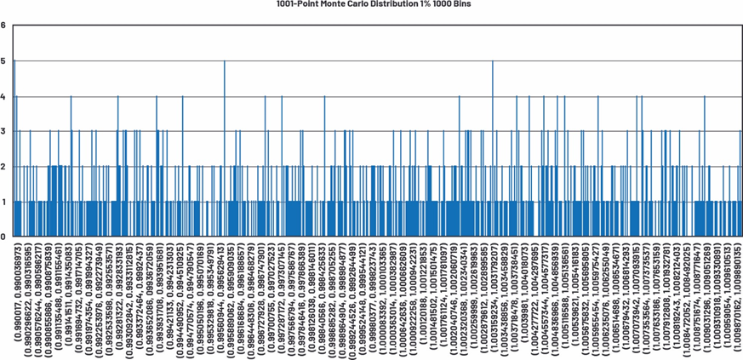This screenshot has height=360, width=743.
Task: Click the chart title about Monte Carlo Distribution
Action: pos(374,4)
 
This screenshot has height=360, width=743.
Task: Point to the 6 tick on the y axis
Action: pos(3,26)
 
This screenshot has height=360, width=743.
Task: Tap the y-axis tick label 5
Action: pos(3,60)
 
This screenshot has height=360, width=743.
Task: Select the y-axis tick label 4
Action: pos(3,96)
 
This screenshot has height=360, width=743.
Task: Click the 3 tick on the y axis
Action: pos(3,131)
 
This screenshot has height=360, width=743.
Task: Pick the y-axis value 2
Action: pos(3,166)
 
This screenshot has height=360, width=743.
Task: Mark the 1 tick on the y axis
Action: pos(3,202)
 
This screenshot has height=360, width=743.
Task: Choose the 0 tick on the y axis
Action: pos(3,237)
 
